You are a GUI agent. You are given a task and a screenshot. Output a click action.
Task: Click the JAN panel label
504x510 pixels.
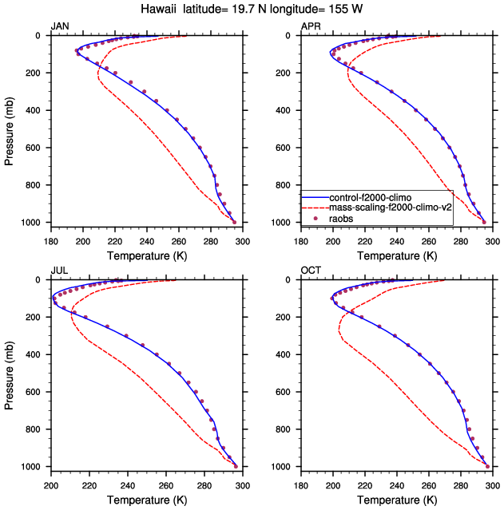(x=59, y=27)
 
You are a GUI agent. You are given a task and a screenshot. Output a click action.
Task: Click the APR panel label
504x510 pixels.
(x=310, y=27)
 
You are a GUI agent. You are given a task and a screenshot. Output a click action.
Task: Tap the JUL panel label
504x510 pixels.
(x=58, y=271)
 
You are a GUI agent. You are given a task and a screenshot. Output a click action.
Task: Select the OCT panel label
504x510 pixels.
(x=310, y=271)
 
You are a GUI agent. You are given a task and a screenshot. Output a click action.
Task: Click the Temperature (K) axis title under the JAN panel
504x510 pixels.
(x=146, y=255)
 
